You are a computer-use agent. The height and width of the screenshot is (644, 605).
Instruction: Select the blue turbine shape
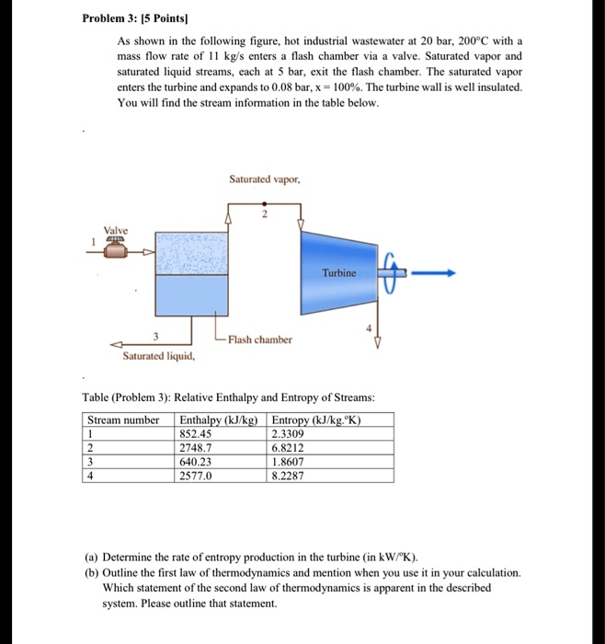(x=338, y=273)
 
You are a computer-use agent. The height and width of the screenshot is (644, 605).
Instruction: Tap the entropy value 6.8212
(x=291, y=448)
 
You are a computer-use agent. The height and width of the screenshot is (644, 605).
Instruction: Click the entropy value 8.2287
(x=291, y=477)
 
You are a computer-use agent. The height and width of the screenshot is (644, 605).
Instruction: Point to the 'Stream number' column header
(x=123, y=420)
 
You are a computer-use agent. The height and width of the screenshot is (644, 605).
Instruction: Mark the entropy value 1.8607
(x=291, y=462)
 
